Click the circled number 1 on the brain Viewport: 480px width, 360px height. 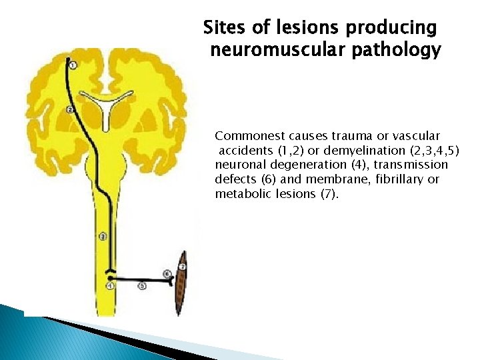(73, 65)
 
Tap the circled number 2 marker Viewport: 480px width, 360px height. (70, 109)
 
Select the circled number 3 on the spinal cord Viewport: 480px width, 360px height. (102, 236)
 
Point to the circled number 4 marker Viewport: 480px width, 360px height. (110, 286)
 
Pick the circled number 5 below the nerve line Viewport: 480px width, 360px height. (141, 286)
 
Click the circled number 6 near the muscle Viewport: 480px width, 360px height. (167, 274)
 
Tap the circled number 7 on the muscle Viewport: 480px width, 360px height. (182, 267)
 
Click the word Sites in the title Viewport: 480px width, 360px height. (223, 28)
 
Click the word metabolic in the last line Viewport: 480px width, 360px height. (241, 194)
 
